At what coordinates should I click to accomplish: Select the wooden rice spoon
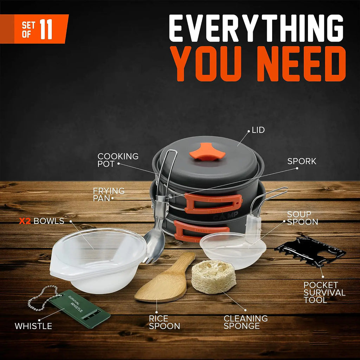[163, 281]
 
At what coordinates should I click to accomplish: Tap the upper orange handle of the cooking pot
[213, 203]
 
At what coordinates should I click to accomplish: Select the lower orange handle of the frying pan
[197, 232]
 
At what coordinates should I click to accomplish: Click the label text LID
[258, 130]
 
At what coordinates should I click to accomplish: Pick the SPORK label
[302, 161]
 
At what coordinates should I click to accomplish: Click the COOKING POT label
[118, 160]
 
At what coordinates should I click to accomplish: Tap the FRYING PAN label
[109, 194]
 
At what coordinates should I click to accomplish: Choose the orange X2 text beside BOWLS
[25, 221]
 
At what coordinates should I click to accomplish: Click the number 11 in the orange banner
[46, 30]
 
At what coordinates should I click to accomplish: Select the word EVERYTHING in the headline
[256, 29]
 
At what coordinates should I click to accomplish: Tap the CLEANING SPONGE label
[246, 322]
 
